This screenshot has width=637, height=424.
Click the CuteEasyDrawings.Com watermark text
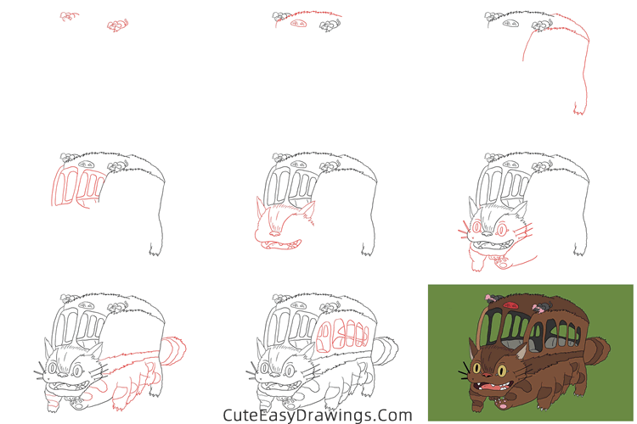(x=317, y=415)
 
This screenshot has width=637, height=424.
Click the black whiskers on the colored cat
(x=465, y=371)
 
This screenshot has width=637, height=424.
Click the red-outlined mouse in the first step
(x=117, y=25)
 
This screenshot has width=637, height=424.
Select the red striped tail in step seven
(x=174, y=349)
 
